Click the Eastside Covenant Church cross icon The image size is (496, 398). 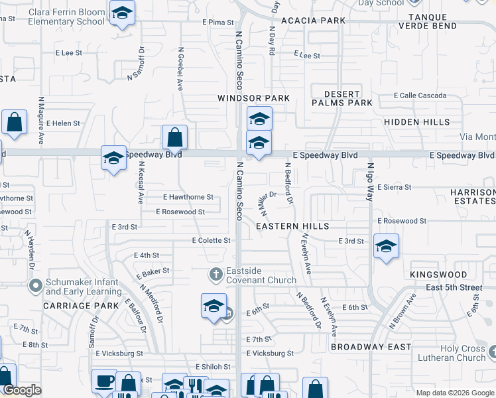point(216,273)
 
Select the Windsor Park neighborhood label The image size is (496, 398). point(254,98)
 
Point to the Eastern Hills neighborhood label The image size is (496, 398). point(293,226)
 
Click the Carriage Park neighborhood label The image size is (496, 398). point(80,306)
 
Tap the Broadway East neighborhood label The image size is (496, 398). point(371,347)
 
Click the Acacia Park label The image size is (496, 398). point(313,21)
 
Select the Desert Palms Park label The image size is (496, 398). point(343,98)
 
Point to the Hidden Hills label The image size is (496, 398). point(416,122)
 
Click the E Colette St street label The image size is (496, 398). point(212,240)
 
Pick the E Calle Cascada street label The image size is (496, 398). point(420,96)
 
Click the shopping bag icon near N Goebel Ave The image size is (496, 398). point(174,138)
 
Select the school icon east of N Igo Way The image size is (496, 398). point(386,247)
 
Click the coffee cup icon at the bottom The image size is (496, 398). point(105,381)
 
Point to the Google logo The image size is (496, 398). point(22,391)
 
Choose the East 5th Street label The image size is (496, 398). point(455,287)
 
